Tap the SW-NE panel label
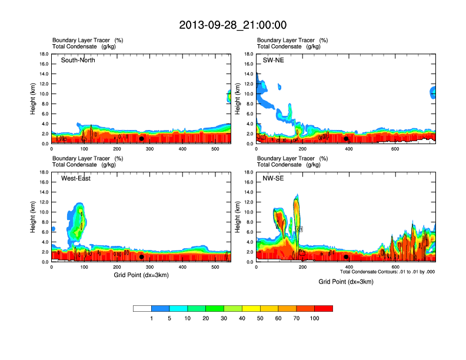(x=273, y=60)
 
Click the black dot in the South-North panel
(x=141, y=139)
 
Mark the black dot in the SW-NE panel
(x=346, y=139)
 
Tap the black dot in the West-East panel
(x=141, y=257)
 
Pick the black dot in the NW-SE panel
(x=346, y=257)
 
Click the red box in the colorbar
(x=324, y=308)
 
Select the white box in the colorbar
(x=142, y=308)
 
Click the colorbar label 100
(x=315, y=318)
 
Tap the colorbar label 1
(x=152, y=318)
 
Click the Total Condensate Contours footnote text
(x=387, y=272)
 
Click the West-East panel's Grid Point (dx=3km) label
(x=141, y=275)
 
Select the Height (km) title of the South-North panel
(x=34, y=99)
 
